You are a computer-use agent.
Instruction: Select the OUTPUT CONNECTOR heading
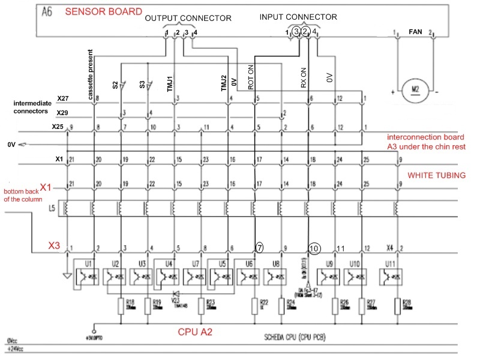[x=188, y=19]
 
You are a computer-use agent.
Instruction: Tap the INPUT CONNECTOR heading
[x=298, y=17]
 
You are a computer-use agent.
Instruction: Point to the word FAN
[x=415, y=31]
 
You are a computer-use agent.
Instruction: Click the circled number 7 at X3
[x=259, y=247]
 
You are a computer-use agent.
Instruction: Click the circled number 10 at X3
[x=315, y=248]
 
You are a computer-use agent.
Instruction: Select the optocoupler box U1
[x=84, y=276]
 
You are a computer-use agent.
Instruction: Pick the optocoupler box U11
[x=390, y=276]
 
